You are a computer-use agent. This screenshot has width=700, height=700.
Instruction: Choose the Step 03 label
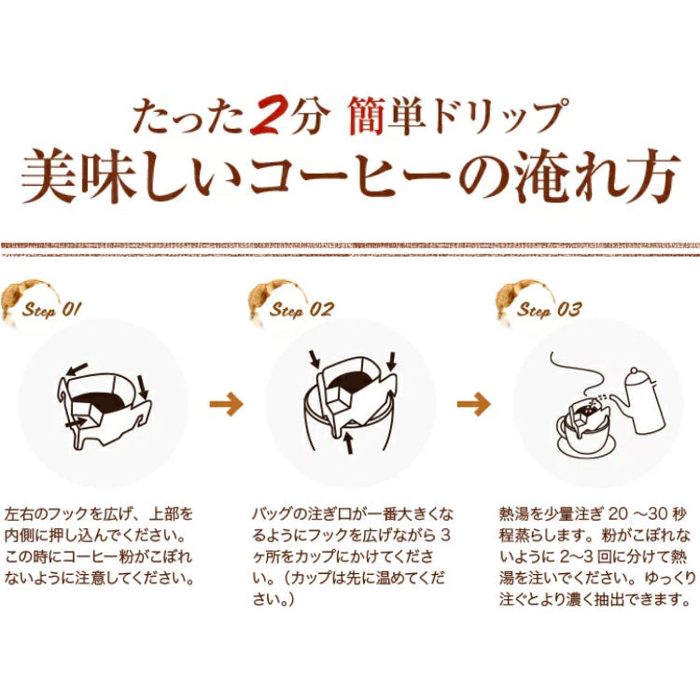point(548,311)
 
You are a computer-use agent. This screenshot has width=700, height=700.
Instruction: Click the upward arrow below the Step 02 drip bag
point(349,440)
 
